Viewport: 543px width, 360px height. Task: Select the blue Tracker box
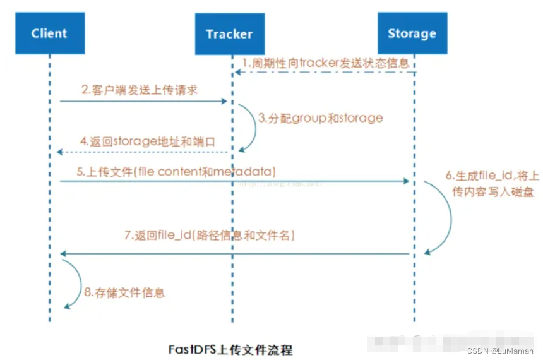point(229,33)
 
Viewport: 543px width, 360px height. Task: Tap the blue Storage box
point(412,33)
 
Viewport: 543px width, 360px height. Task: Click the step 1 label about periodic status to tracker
point(326,63)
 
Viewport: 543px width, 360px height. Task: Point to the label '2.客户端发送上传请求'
point(140,90)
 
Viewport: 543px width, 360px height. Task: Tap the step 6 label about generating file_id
point(493,183)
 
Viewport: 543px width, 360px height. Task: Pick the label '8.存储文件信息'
point(124,292)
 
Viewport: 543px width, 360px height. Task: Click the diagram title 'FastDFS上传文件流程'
point(230,349)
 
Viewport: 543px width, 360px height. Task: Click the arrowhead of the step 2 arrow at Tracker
point(224,101)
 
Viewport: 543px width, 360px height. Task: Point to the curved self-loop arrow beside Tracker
point(249,126)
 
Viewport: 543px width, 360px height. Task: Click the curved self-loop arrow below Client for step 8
point(76,284)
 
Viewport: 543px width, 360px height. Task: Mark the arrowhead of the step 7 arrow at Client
point(63,253)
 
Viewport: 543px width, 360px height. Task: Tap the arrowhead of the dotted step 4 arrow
point(59,152)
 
